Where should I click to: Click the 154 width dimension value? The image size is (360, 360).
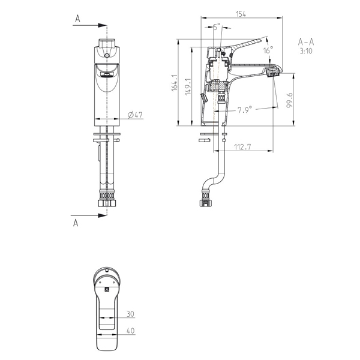241,14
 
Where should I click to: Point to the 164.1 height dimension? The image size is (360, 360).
175,83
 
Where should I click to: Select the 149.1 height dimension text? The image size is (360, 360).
188,87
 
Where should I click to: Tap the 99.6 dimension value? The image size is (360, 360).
290,100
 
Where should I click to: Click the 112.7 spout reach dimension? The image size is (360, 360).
242,146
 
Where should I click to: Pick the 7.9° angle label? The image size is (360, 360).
245,110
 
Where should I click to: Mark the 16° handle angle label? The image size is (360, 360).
268,50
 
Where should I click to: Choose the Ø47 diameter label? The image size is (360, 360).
135,115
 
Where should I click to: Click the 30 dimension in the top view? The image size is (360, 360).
130,314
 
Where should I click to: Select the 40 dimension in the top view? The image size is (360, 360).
130,331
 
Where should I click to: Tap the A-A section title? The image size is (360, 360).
306,42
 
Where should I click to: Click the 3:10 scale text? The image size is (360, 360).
306,51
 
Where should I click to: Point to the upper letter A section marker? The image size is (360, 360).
77,19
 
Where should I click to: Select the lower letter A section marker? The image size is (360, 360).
76,223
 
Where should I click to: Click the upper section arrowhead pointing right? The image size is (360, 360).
103,25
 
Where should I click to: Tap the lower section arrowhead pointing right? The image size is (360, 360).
103,215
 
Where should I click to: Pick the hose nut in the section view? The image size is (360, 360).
205,203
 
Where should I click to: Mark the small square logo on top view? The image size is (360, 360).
107,290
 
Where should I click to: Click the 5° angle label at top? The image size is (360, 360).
217,26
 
